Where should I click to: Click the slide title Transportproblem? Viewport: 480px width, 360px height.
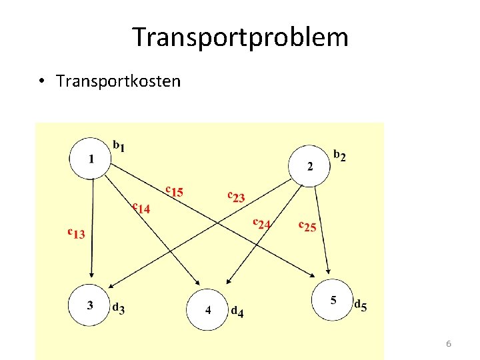coord(240,37)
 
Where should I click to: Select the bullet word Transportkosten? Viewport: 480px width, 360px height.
coord(118,81)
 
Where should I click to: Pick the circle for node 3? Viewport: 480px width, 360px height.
coord(91,305)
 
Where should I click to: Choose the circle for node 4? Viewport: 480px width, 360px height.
coord(207,310)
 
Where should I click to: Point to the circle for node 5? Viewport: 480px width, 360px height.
coord(333,301)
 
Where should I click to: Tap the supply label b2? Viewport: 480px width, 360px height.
coord(339,156)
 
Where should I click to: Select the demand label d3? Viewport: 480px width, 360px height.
coord(118,308)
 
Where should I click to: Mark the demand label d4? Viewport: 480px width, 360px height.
coord(237,311)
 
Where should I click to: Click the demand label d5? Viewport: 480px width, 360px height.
coord(360,305)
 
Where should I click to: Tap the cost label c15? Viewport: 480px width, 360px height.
coord(175,191)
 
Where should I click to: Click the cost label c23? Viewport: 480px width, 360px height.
coord(237,196)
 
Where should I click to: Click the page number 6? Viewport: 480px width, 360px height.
coord(449,344)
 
